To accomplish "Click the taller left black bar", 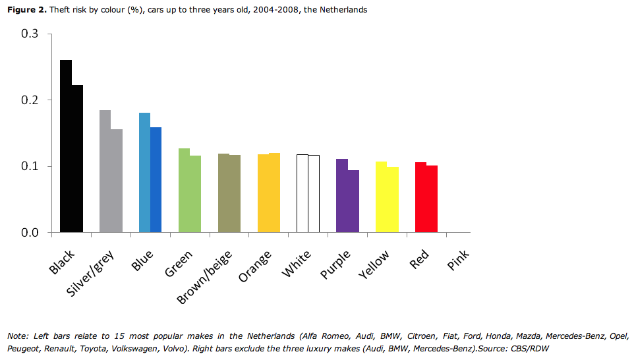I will [x=65, y=146].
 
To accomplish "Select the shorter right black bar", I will [x=77, y=158].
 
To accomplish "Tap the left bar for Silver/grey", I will [x=105, y=171].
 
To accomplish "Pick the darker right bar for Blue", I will [x=156, y=179].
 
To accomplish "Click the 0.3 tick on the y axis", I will [x=31, y=34].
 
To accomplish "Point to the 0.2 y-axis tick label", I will [x=31, y=100].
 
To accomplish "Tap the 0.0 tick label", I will [x=31, y=233].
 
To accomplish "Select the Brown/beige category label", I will [x=203, y=277].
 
